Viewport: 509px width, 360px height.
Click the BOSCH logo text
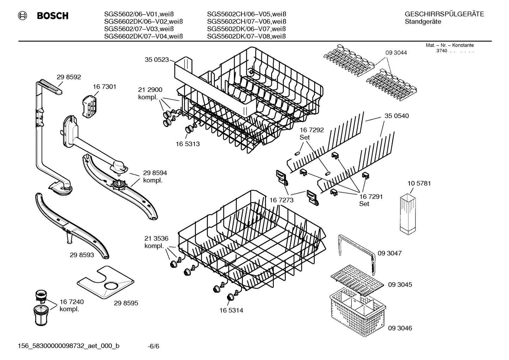(x=52, y=16)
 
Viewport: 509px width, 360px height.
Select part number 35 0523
(x=157, y=60)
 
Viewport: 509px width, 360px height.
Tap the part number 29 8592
(x=69, y=77)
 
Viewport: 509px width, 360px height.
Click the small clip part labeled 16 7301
(x=90, y=106)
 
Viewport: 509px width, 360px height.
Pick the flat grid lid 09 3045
(x=357, y=280)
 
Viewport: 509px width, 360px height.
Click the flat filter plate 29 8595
(x=106, y=282)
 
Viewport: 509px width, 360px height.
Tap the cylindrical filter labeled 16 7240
(x=42, y=314)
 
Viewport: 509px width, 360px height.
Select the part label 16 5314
(x=231, y=311)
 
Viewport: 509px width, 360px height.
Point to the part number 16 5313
(x=187, y=144)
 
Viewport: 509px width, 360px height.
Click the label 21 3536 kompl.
(x=156, y=242)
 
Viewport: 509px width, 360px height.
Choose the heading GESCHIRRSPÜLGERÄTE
(x=444, y=14)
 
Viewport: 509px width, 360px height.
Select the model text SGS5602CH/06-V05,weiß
(x=246, y=14)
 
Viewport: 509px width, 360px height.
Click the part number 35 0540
(x=396, y=116)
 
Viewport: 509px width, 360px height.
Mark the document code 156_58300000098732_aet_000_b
(x=68, y=346)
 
